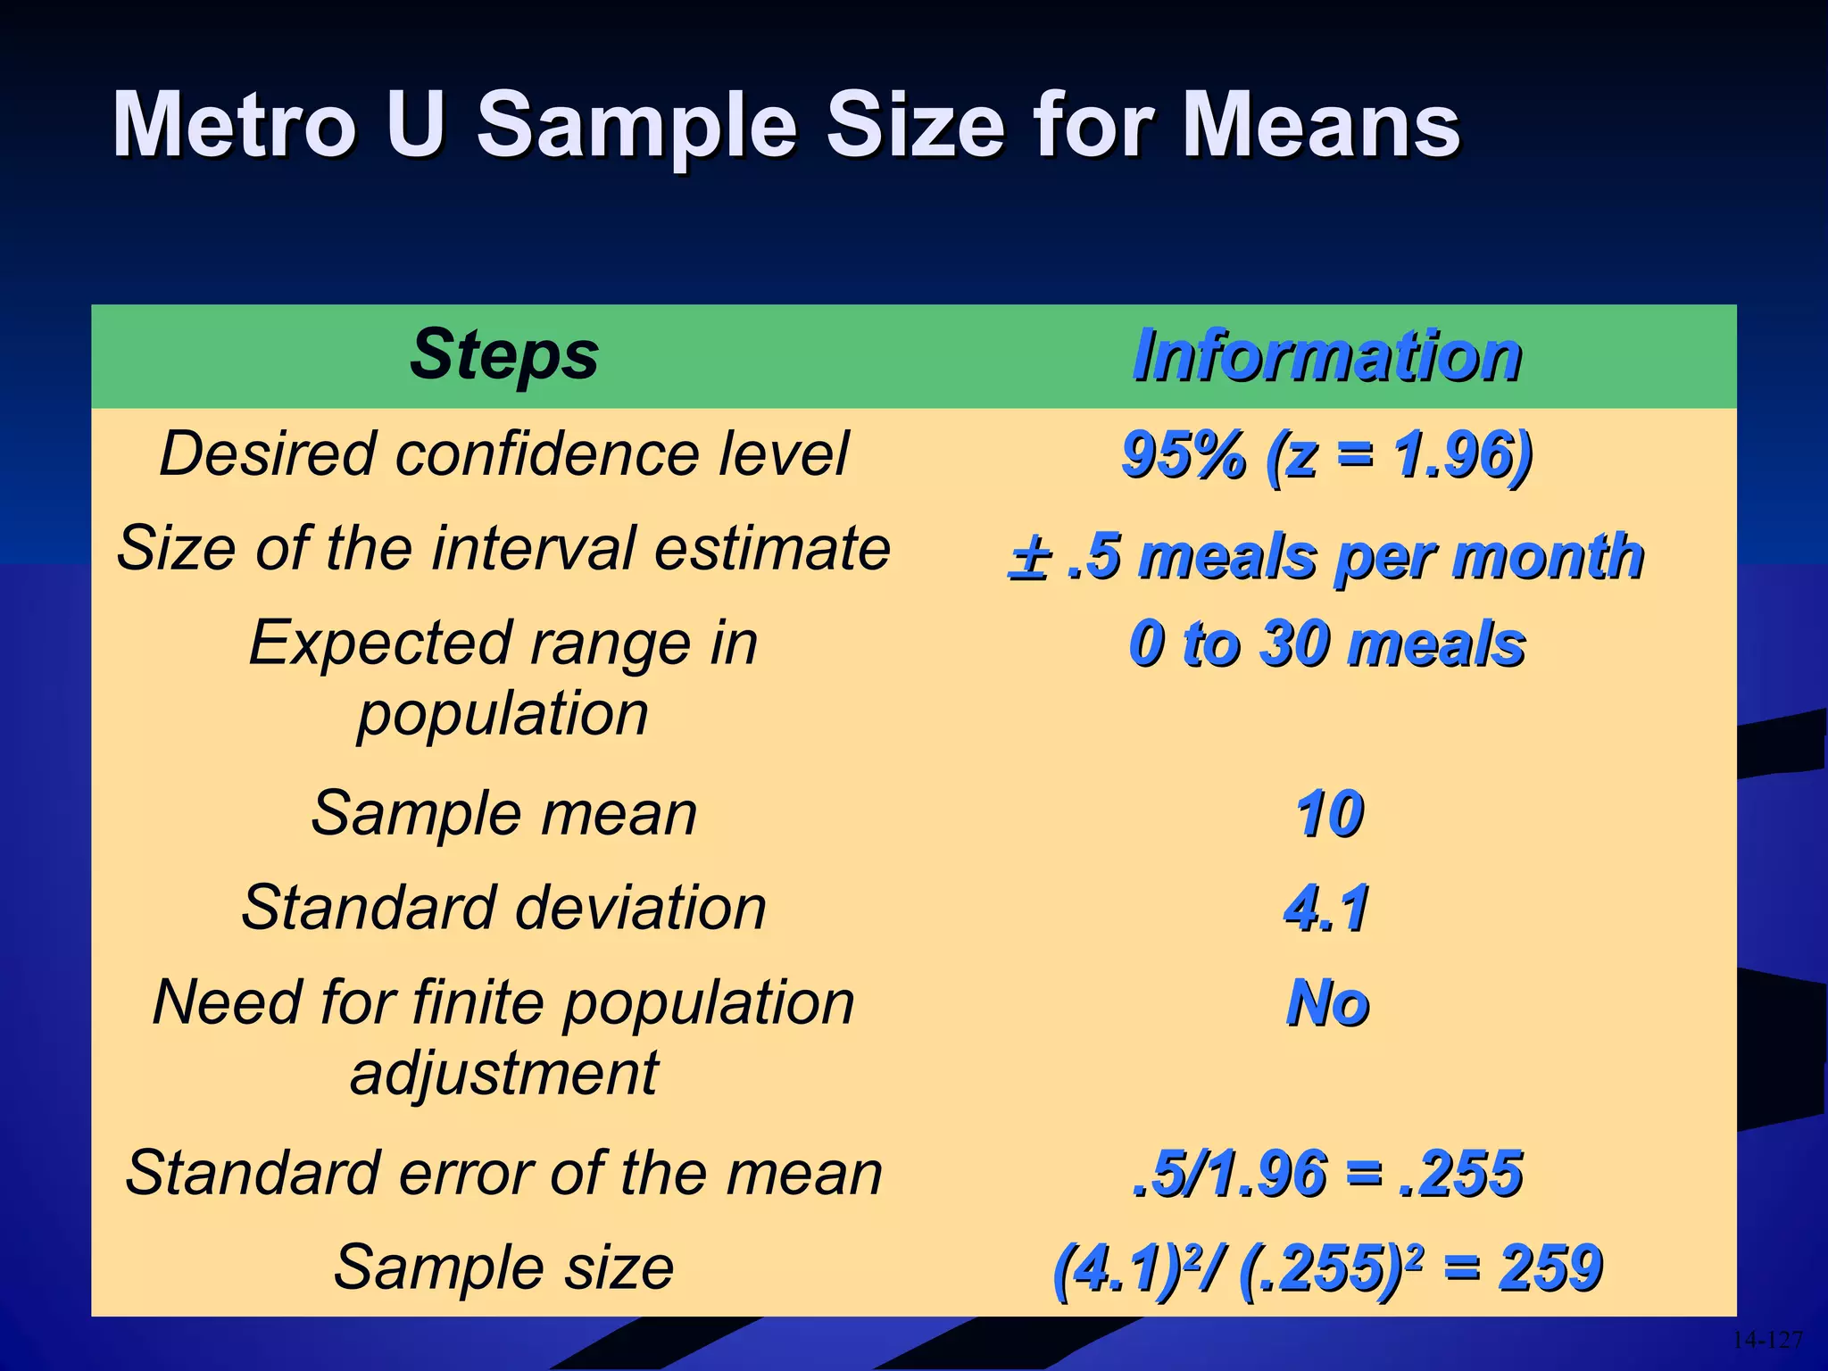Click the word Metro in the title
(234, 125)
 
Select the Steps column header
(504, 355)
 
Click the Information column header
(1327, 355)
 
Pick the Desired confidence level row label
(504, 454)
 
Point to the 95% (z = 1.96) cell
(1327, 455)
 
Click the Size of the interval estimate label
(504, 548)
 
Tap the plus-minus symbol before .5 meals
(1029, 559)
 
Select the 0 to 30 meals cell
(1327, 644)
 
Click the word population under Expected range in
(503, 715)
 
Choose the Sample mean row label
(504, 814)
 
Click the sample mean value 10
(1330, 814)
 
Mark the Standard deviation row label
(504, 908)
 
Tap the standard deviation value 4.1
(1327, 909)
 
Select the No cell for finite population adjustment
(1328, 1003)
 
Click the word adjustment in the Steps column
(504, 1074)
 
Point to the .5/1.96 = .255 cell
(1327, 1173)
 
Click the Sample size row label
(504, 1267)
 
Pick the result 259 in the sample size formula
(1551, 1267)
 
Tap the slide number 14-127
(1767, 1340)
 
